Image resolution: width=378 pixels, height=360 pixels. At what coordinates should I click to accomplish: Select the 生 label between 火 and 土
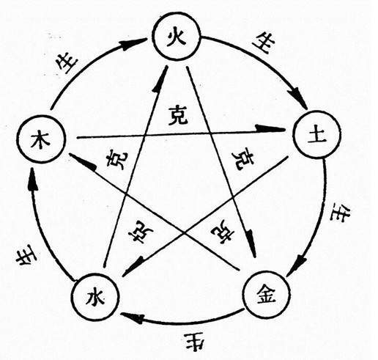(264, 43)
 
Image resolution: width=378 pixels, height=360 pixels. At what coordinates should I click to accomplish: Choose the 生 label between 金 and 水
(195, 342)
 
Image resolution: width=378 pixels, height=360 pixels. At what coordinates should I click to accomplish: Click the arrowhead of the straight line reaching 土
(270, 128)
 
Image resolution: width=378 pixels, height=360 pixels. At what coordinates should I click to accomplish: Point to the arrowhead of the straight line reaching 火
(160, 78)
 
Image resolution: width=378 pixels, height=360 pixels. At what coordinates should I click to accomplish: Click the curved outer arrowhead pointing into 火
(134, 44)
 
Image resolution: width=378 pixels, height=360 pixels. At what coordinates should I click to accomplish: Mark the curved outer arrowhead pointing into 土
(297, 97)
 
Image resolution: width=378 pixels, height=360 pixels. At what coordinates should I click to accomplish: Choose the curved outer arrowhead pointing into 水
(131, 317)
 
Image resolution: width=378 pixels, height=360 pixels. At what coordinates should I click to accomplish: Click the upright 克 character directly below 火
(178, 115)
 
